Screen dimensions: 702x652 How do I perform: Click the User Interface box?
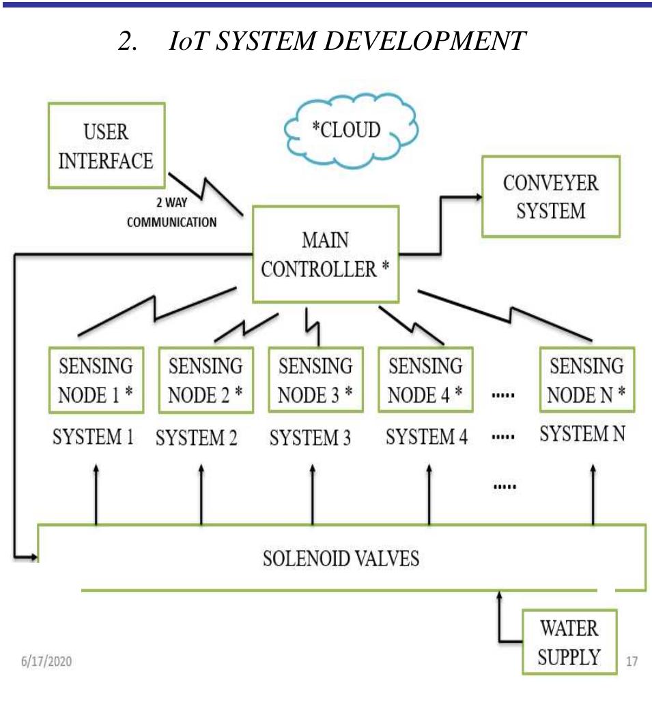pos(106,146)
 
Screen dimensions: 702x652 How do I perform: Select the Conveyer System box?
pos(550,196)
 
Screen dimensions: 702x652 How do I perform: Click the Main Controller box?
pos(325,254)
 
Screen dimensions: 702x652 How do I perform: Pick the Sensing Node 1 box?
pos(96,380)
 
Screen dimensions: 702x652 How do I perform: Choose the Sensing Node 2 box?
pos(205,380)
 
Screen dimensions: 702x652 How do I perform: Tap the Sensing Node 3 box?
pos(315,380)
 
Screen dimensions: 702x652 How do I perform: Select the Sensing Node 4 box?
pos(425,380)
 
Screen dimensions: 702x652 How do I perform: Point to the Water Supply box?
pos(569,642)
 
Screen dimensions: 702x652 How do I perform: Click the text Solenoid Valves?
pos(341,559)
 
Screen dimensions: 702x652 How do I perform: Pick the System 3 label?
pos(310,438)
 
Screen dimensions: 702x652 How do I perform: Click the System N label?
pos(582,435)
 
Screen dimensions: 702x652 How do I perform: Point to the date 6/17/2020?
pos(46,661)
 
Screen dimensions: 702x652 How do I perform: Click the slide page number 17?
pos(632,661)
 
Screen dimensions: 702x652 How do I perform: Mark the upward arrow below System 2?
pos(202,495)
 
